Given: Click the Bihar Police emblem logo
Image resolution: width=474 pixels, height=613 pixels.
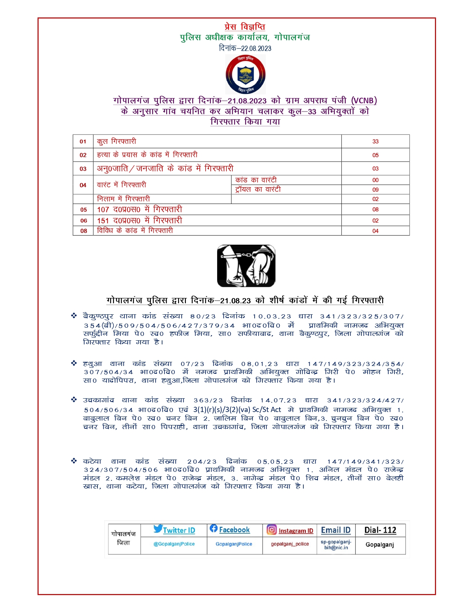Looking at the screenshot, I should pyautogui.click(x=245, y=74).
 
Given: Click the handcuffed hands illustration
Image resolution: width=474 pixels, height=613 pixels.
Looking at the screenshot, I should pyautogui.click(x=246, y=266).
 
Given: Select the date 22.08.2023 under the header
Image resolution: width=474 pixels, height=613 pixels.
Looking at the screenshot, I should pyautogui.click(x=256, y=48).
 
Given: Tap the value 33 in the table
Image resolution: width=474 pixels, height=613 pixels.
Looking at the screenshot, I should pyautogui.click(x=375, y=142).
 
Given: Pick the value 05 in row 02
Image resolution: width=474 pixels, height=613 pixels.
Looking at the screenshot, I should pyautogui.click(x=375, y=155).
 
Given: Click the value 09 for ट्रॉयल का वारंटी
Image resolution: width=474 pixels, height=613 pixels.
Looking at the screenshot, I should pyautogui.click(x=375, y=189).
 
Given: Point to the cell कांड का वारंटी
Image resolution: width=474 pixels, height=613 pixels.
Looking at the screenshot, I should pyautogui.click(x=256, y=180).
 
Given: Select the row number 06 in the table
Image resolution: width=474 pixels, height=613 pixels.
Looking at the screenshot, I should pyautogui.click(x=84, y=221).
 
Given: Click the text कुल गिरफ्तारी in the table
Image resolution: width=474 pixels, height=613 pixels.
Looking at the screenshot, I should pyautogui.click(x=116, y=142).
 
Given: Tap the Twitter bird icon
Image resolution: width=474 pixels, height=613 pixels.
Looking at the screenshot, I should pyautogui.click(x=158, y=529).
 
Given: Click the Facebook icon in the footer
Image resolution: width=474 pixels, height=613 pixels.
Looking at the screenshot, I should pyautogui.click(x=213, y=528).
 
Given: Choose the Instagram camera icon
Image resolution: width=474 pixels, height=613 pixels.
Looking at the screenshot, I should pyautogui.click(x=272, y=529).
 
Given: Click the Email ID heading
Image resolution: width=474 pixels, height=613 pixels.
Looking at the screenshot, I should pyautogui.click(x=336, y=530).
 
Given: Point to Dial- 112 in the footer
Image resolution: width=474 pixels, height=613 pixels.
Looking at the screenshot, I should pyautogui.click(x=380, y=530).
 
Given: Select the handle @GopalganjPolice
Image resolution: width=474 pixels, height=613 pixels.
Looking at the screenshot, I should pyautogui.click(x=174, y=544).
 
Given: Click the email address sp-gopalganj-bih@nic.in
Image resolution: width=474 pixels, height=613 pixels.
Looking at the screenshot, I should pyautogui.click(x=336, y=545).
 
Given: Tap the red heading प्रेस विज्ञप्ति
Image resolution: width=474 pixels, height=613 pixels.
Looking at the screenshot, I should pyautogui.click(x=245, y=27).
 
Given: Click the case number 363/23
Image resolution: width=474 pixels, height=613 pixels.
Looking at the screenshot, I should pyautogui.click(x=208, y=400).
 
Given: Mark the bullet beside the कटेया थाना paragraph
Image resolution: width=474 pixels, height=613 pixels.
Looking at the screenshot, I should pyautogui.click(x=74, y=461).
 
